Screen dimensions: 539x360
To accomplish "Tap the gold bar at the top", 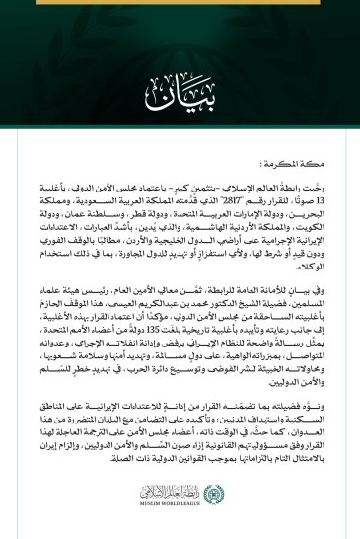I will (x=180, y=3).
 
